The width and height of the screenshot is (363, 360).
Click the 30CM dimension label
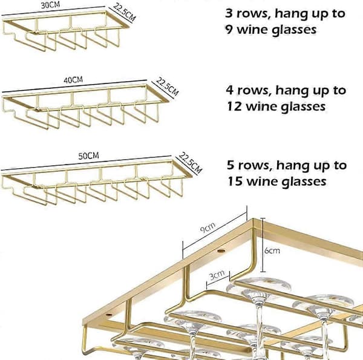point(50,5)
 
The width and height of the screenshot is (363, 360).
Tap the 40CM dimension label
point(73,80)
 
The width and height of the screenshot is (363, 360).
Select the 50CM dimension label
point(89,156)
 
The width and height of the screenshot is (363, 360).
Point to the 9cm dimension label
point(208,227)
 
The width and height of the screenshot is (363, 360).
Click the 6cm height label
point(272,250)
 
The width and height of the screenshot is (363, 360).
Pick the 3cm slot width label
point(217,275)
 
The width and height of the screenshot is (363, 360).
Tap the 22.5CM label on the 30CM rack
point(124,12)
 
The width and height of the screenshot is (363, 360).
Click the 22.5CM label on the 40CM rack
point(167,87)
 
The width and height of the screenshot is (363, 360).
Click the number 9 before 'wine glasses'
point(229,30)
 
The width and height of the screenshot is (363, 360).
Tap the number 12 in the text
point(234,106)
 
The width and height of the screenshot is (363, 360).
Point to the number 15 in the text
point(235,182)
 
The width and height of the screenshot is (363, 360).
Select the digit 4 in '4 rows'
point(230,90)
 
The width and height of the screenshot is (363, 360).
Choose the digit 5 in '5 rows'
point(231,165)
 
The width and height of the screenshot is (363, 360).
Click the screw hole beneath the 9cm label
point(221,250)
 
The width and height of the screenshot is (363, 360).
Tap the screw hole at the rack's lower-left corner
point(108,315)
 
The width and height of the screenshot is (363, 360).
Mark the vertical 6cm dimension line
point(263,245)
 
